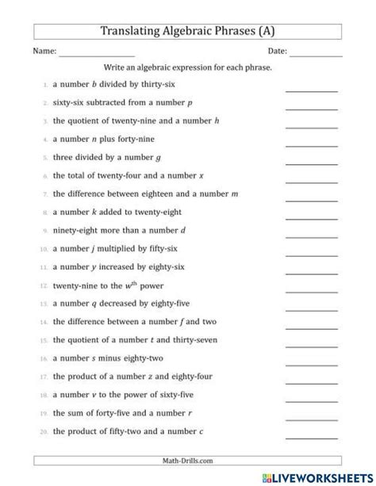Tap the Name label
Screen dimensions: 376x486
click(44, 52)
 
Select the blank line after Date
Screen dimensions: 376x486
click(316, 54)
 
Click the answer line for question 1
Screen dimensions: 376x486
click(311, 91)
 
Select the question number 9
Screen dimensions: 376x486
click(41, 231)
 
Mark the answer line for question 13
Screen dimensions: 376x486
click(311, 310)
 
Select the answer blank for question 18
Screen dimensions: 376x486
click(311, 401)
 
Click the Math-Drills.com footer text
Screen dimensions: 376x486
click(188, 461)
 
